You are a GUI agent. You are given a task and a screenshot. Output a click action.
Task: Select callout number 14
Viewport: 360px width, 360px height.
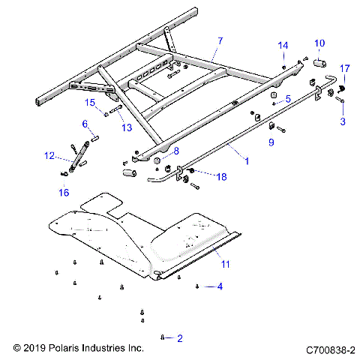283,46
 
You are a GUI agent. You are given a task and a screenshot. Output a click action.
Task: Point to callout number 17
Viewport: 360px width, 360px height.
345,69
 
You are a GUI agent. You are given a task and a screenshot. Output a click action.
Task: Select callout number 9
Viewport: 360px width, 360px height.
271,141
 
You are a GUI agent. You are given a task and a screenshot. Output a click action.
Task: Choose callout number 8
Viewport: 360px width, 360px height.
176,151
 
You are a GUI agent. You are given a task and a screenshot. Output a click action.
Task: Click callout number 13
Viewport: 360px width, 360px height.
126,127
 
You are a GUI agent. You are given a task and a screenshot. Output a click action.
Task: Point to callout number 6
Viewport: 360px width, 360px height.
85,124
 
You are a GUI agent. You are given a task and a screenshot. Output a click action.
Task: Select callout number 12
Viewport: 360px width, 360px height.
49,156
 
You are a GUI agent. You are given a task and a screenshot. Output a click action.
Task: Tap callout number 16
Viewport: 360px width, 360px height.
63,193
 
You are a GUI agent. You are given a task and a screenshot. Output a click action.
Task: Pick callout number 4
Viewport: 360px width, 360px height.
220,286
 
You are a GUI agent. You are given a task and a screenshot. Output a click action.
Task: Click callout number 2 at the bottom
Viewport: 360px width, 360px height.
180,337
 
